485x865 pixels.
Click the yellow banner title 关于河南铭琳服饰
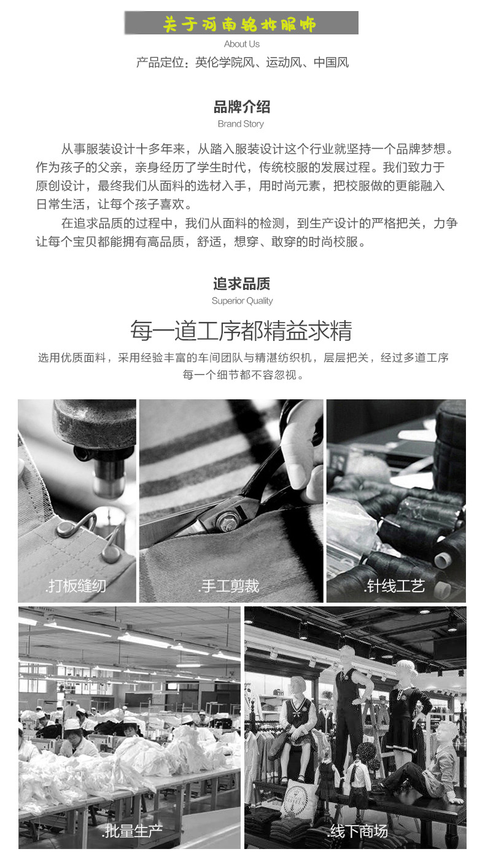[x=239, y=25]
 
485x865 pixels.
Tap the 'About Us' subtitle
[x=242, y=44]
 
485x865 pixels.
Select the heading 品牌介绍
[x=242, y=106]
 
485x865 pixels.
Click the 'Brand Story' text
[x=241, y=124]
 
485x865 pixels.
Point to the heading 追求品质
[x=242, y=283]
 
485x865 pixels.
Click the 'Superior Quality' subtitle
[x=243, y=301]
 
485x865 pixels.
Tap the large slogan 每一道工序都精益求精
[x=241, y=331]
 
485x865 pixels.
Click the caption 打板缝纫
[x=76, y=586]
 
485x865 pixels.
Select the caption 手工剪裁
[x=228, y=586]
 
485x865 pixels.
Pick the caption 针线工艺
[x=394, y=586]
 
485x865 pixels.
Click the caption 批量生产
[x=132, y=831]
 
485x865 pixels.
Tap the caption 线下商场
[x=357, y=831]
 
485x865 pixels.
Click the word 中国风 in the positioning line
[x=331, y=62]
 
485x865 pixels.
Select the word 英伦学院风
[x=225, y=62]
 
